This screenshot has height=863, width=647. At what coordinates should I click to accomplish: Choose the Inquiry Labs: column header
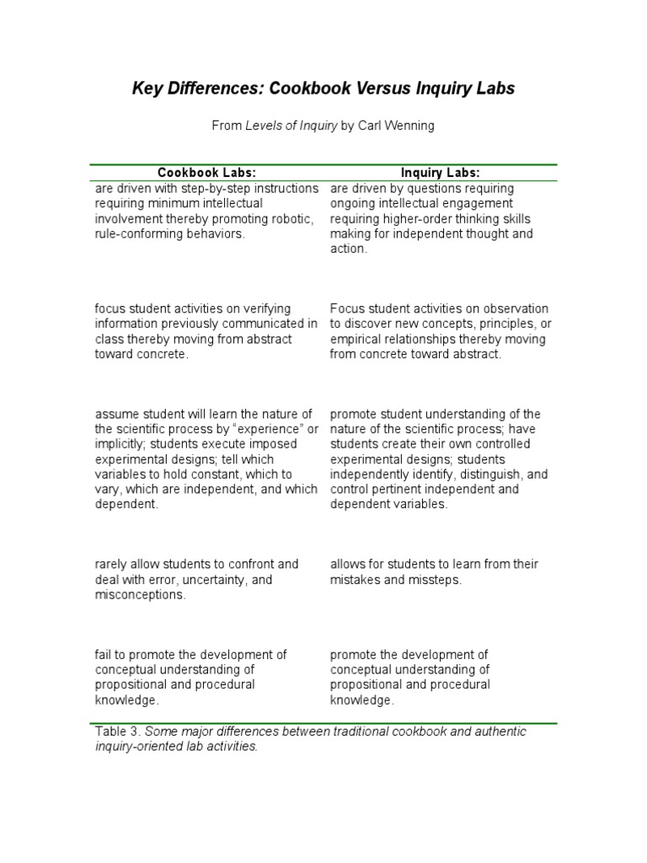coord(441,173)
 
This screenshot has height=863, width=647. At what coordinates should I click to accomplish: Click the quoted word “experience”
coord(271,429)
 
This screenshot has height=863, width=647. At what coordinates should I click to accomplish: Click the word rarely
coord(113,564)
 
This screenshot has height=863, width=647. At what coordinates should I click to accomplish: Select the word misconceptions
coord(140,595)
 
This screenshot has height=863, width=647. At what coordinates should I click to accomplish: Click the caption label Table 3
coord(118,732)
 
